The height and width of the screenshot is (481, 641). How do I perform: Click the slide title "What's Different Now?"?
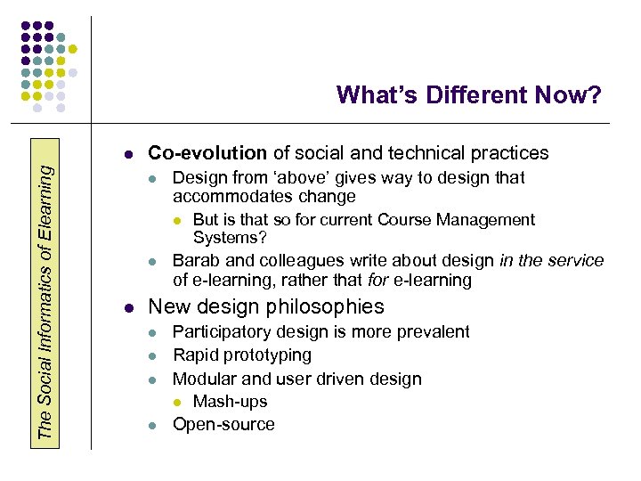(468, 94)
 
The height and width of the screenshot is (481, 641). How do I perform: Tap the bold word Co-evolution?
(207, 153)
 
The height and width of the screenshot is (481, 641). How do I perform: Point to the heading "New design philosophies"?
(265, 307)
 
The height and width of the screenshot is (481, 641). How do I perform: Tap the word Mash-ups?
(230, 402)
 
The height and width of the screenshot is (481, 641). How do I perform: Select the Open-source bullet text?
(223, 425)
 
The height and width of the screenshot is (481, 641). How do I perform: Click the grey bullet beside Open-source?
(153, 426)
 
